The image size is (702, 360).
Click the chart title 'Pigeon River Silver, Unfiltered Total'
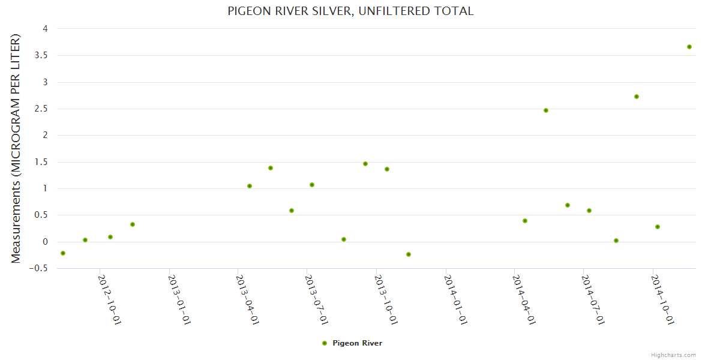click(x=350, y=11)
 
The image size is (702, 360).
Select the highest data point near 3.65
click(x=689, y=47)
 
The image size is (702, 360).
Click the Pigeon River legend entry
click(x=352, y=343)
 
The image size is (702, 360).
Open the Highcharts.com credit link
click(x=673, y=355)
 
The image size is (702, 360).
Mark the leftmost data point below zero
click(x=63, y=253)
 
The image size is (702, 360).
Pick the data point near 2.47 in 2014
click(x=546, y=110)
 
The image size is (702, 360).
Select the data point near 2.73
click(x=637, y=97)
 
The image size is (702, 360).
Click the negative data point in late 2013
click(x=409, y=254)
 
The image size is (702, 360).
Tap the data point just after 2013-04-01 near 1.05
click(x=250, y=186)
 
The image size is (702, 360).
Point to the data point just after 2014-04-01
click(x=525, y=221)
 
